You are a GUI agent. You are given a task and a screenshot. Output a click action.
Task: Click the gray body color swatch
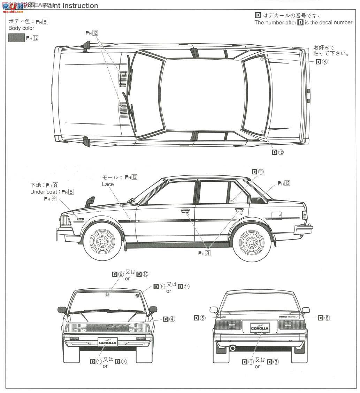[16, 38]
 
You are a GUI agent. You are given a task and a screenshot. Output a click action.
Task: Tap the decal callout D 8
[322, 62]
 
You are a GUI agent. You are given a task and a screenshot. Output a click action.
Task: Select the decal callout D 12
[278, 152]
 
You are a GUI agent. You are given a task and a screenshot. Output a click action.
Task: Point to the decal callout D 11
[258, 172]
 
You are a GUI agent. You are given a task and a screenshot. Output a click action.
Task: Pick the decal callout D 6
[324, 317]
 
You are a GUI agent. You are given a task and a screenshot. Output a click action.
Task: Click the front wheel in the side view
[102, 241]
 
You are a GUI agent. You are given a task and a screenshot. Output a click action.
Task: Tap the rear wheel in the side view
[252, 241]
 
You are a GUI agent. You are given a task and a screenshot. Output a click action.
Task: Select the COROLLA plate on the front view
[108, 342]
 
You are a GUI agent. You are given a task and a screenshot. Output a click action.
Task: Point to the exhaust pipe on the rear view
[232, 348]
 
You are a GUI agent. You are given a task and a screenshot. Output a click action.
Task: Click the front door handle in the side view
[185, 210]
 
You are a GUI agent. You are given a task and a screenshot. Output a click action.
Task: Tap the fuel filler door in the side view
[277, 215]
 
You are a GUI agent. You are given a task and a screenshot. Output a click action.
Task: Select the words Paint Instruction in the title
[70, 6]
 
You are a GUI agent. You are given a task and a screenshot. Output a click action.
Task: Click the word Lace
[108, 184]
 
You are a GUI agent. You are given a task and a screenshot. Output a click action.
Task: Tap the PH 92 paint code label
[50, 198]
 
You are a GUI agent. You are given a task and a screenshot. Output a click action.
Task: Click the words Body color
[21, 28]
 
